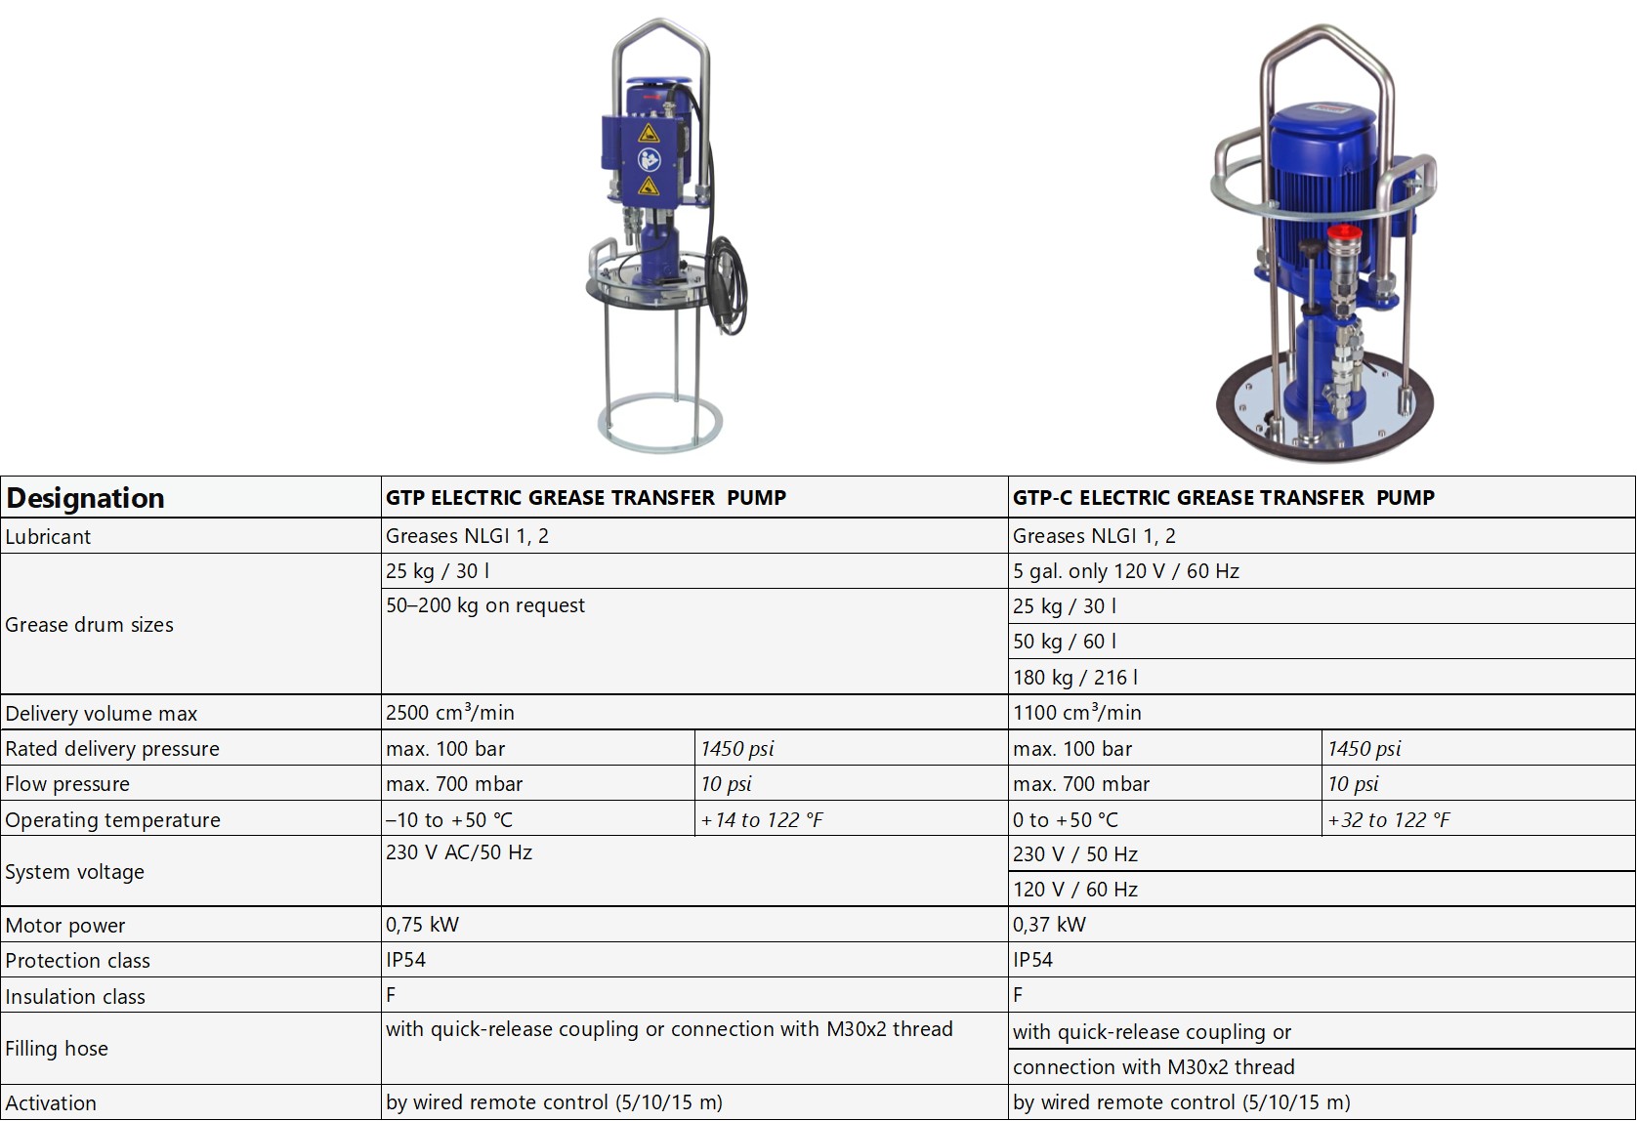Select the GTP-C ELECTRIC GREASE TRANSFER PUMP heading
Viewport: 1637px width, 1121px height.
1224,498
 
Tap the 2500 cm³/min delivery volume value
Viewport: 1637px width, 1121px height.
450,712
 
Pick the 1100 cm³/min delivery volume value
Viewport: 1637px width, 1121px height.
1076,712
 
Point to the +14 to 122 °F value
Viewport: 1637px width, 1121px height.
762,820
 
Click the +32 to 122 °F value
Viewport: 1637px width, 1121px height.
1389,820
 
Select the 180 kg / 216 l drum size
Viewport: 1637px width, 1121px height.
1075,678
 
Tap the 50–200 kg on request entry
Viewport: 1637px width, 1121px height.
485,605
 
